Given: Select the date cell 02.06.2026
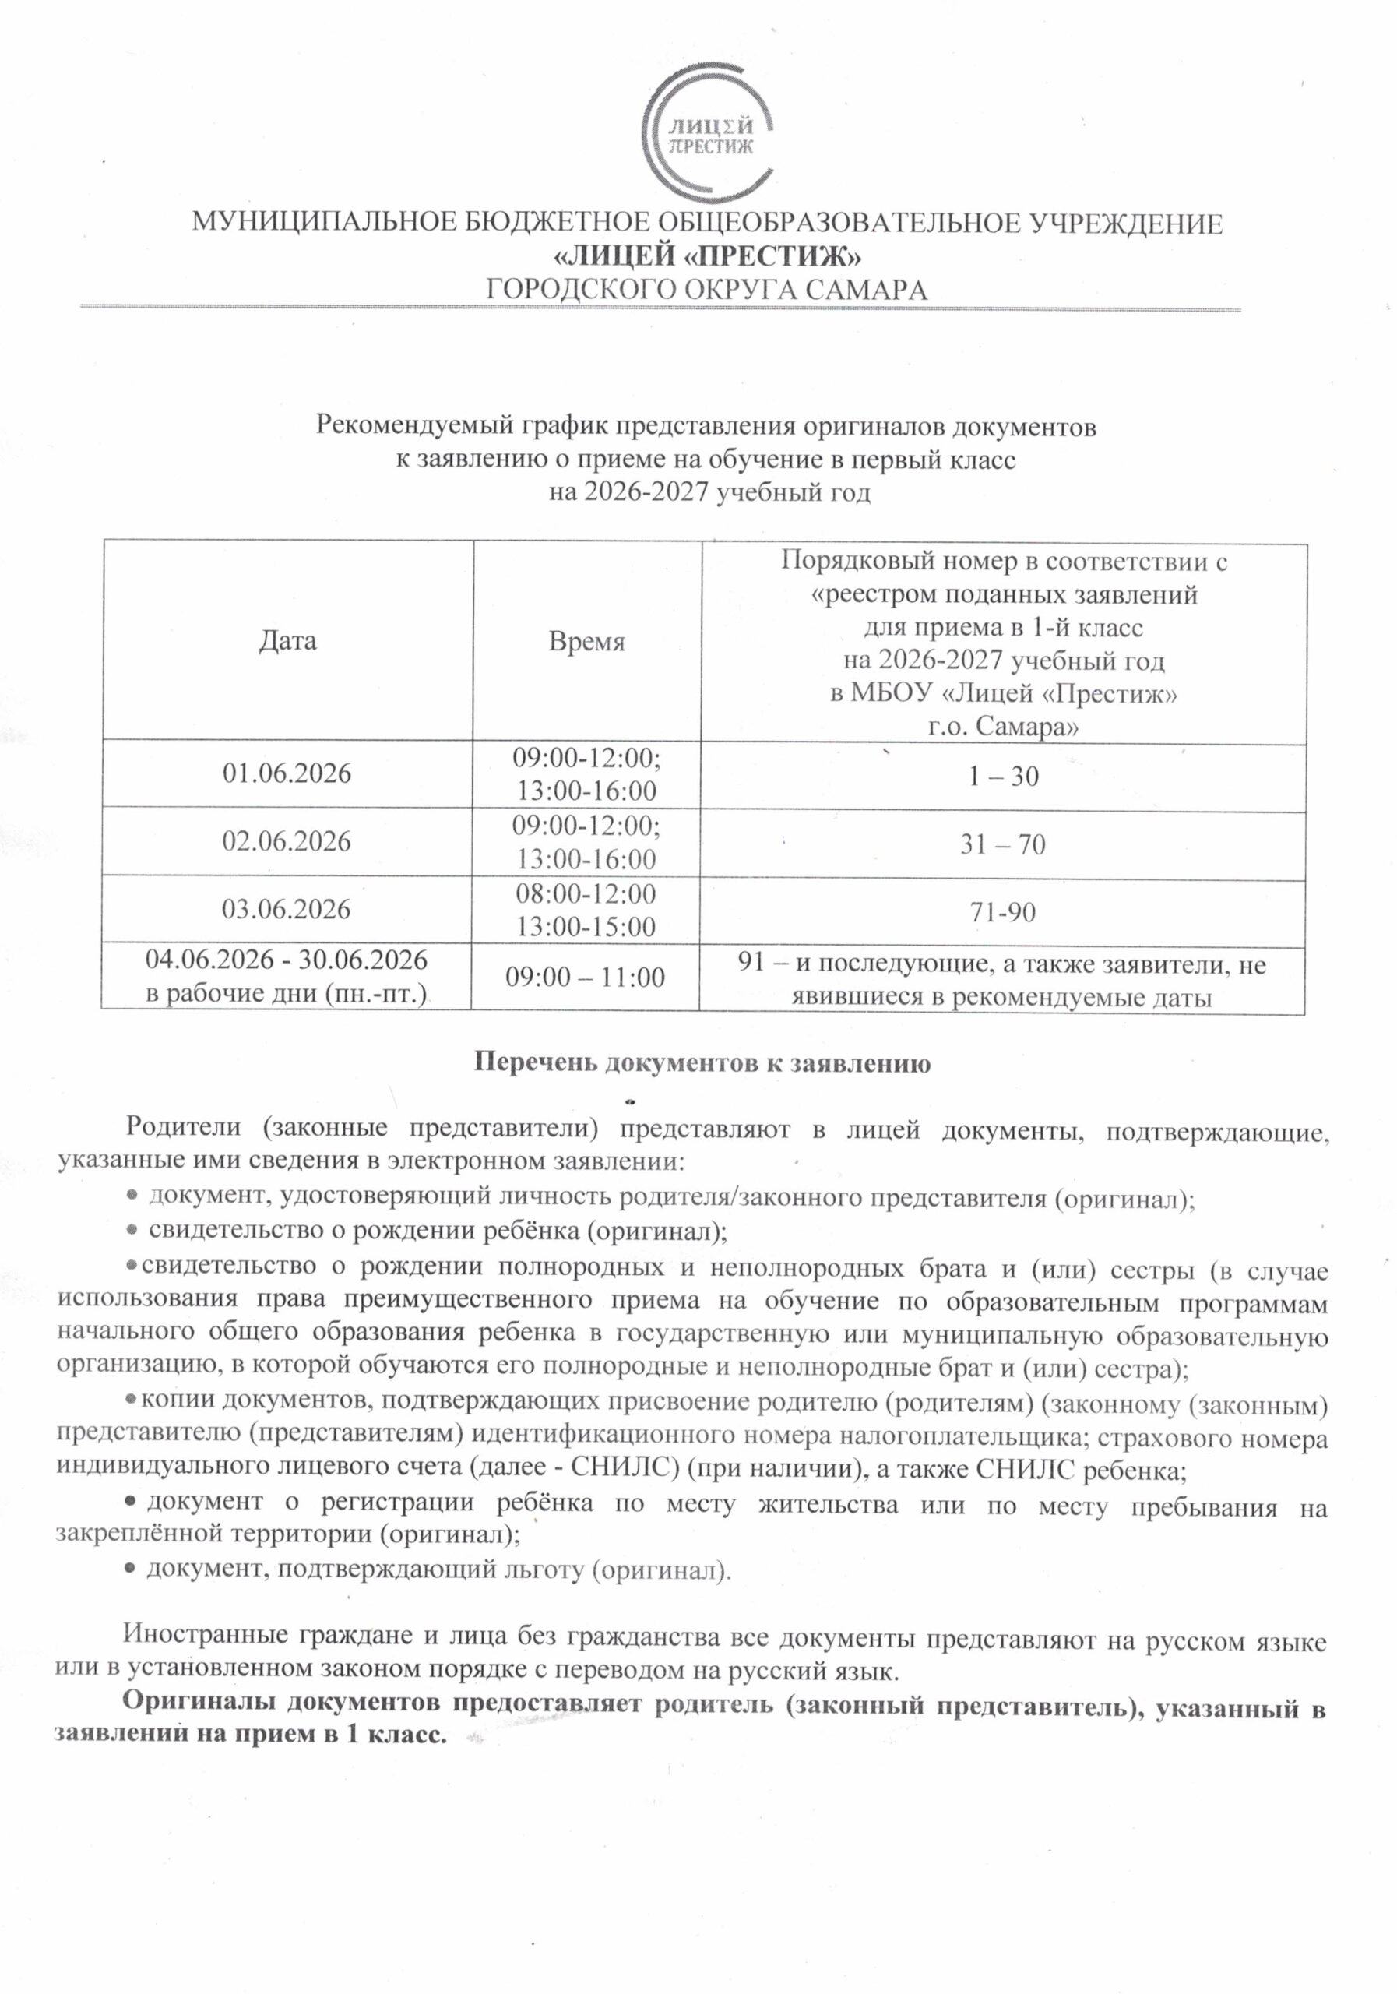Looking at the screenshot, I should (x=287, y=841).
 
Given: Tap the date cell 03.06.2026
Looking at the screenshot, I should (x=287, y=909).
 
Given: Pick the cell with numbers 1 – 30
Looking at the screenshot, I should (x=1003, y=776).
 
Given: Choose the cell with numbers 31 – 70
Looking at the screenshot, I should (x=1003, y=844).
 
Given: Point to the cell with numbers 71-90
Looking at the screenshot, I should (x=1003, y=912).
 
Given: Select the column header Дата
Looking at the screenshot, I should (x=287, y=642).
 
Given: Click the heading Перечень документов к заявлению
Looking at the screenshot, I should (x=702, y=1063).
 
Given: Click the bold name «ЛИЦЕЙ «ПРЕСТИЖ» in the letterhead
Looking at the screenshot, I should (x=708, y=257).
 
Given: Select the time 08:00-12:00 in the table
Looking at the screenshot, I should (x=586, y=893).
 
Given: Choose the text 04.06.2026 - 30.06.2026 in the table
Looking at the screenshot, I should (x=287, y=960).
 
